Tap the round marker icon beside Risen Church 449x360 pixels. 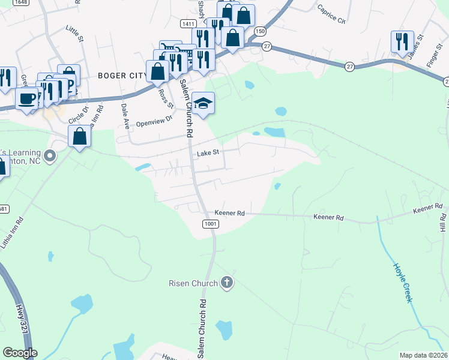(x=226, y=282)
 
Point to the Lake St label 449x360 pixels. (x=209, y=153)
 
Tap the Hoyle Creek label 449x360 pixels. (x=403, y=282)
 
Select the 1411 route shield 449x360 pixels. (x=187, y=23)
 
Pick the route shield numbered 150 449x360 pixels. (x=259, y=31)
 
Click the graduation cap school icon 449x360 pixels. (x=203, y=104)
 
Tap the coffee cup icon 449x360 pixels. (x=26, y=98)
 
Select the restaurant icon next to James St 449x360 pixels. (x=401, y=41)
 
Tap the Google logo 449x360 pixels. (x=20, y=353)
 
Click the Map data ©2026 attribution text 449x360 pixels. (x=423, y=355)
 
